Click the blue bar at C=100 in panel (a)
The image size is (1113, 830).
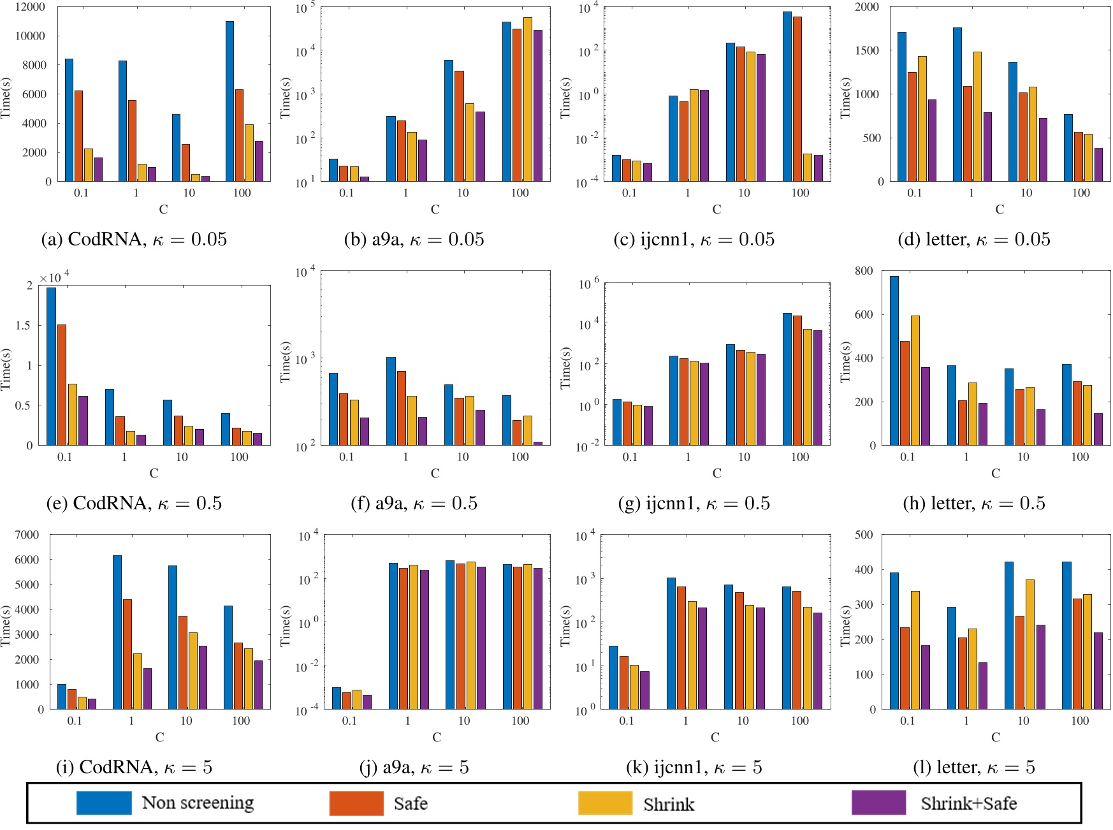tap(229, 102)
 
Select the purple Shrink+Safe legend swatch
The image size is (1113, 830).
tap(878, 803)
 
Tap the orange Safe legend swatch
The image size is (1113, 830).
tap(356, 803)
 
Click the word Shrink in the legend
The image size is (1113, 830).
tap(668, 805)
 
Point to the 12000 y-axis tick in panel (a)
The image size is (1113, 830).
tap(30, 7)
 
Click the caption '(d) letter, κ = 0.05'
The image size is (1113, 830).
tap(973, 240)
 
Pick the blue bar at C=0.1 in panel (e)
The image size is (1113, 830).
tap(51, 367)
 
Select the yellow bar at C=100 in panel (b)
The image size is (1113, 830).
tap(527, 99)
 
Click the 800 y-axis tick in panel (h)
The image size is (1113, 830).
tap(864, 271)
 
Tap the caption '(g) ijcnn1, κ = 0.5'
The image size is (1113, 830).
tap(694, 504)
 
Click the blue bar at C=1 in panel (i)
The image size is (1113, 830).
tap(117, 632)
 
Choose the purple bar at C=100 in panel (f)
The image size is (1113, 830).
tap(538, 443)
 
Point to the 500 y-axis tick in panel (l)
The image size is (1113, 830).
tap(864, 535)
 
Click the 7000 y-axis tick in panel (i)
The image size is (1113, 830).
tap(27, 535)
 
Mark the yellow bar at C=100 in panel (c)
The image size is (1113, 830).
tap(808, 168)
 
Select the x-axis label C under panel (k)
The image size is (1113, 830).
tap(715, 738)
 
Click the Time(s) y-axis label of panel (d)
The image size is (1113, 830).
tap(846, 98)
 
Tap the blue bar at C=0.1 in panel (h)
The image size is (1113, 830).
tap(894, 360)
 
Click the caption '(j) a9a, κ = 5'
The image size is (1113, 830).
tap(414, 768)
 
